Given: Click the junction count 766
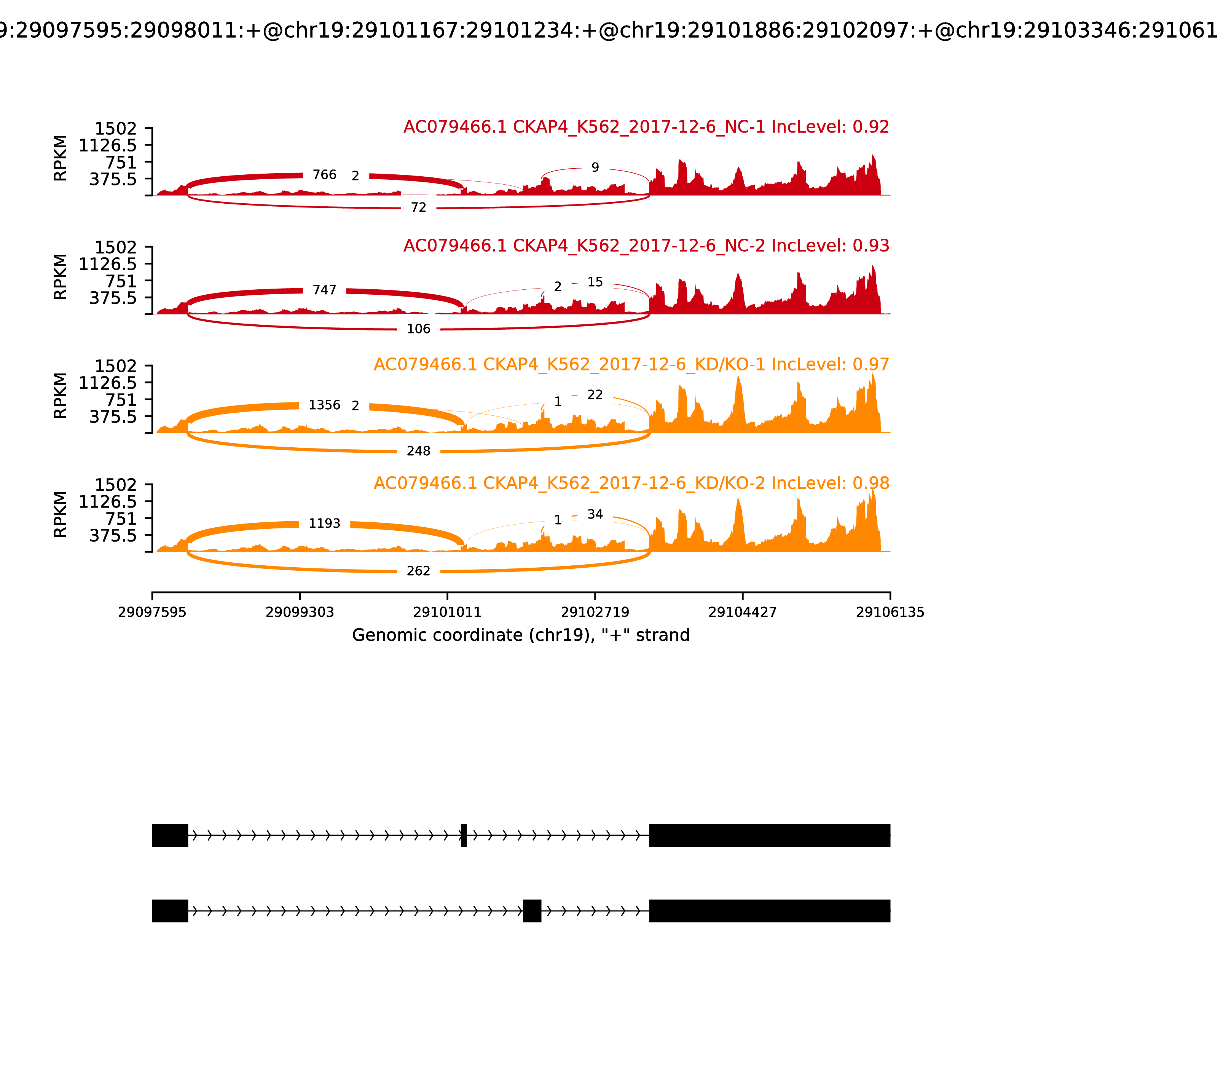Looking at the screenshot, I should coord(324,175).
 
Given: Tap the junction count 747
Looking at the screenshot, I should coord(324,290).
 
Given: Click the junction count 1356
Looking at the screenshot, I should coord(324,405).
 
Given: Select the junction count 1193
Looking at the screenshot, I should coord(324,523).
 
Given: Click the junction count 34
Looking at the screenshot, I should coord(595,515).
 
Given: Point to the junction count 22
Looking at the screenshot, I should coord(595,395).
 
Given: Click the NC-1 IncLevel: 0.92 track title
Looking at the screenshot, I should coord(646,127).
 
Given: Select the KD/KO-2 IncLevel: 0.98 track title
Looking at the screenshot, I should coord(631,484).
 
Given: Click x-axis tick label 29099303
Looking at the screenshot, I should coord(300,613).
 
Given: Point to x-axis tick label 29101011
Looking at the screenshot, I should coord(447,613).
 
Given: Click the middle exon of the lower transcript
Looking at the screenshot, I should coord(532,911).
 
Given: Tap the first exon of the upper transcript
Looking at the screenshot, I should coord(170,835).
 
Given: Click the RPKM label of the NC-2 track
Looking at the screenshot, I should coord(61,277).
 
